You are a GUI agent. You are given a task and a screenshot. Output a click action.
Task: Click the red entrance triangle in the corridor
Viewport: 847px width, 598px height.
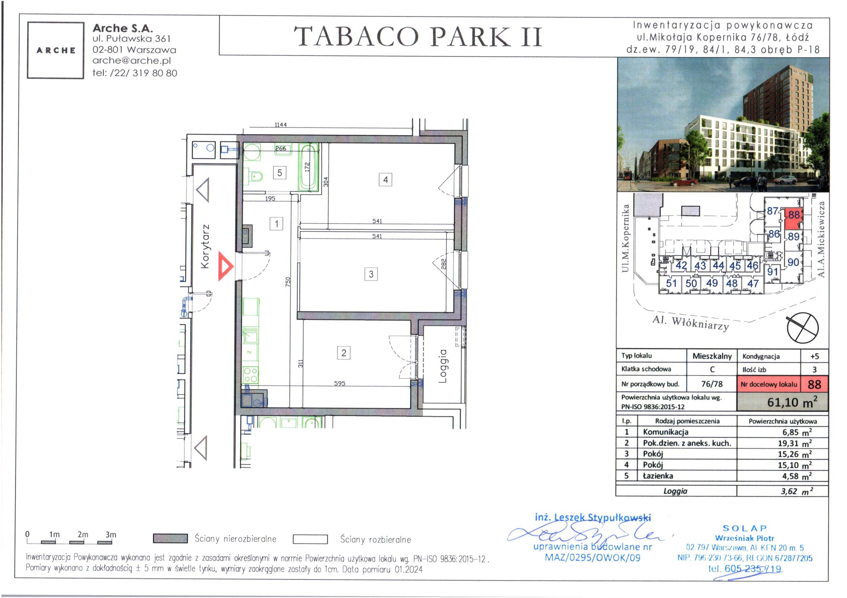click(225, 266)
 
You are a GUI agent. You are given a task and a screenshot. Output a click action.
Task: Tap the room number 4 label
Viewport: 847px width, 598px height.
click(385, 180)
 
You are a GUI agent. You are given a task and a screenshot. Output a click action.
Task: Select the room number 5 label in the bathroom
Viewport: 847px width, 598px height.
click(280, 173)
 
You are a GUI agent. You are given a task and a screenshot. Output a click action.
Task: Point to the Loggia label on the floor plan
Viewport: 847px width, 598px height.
click(443, 366)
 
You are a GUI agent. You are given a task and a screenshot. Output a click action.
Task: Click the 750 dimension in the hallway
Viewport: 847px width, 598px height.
click(288, 282)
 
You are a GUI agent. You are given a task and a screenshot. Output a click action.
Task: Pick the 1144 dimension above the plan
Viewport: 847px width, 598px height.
click(280, 125)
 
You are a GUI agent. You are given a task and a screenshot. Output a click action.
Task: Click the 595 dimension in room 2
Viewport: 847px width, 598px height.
click(339, 383)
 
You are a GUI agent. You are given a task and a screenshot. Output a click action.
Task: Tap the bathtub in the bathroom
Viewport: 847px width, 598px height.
click(308, 167)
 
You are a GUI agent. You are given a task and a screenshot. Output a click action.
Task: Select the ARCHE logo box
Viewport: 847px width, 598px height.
click(56, 50)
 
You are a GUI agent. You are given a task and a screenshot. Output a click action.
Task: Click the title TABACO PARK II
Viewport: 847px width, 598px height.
click(418, 37)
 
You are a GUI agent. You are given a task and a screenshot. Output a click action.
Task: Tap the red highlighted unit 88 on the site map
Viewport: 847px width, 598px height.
click(793, 219)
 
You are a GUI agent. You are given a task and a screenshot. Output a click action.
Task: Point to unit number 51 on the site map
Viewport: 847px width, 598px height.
click(671, 283)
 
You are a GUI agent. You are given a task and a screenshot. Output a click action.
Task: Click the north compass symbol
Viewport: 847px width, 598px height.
click(803, 327)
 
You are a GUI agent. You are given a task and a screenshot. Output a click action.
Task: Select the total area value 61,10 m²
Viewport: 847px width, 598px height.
click(792, 402)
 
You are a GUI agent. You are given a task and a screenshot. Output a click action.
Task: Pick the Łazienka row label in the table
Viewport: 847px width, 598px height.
click(658, 476)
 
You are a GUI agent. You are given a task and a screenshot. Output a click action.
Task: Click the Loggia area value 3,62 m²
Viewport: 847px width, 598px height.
click(797, 491)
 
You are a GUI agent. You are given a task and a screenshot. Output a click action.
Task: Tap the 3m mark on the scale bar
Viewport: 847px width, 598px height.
click(110, 535)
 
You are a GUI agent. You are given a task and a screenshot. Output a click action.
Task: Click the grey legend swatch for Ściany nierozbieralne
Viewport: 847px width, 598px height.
click(170, 539)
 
